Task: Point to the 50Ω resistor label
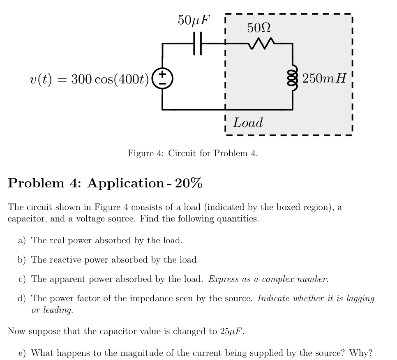point(259,28)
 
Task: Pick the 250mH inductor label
point(324,78)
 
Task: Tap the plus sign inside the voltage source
point(162,74)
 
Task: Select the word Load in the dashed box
point(248,122)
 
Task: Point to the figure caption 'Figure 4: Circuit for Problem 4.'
point(193,153)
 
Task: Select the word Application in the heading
point(125,183)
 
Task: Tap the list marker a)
point(22,240)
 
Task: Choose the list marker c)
point(22,279)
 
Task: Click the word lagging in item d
point(359,298)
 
